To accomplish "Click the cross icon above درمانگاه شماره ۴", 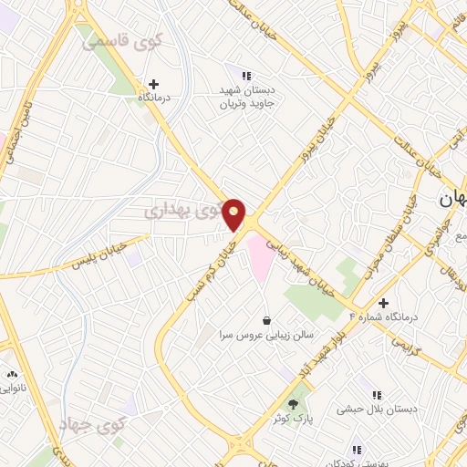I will click(384, 303).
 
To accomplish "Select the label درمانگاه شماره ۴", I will click(383, 317).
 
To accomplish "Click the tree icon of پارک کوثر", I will click(293, 404).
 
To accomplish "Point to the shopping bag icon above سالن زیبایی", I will click(266, 321).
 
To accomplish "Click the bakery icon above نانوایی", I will click(12, 375).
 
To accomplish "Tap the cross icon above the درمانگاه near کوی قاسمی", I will click(154, 83).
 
